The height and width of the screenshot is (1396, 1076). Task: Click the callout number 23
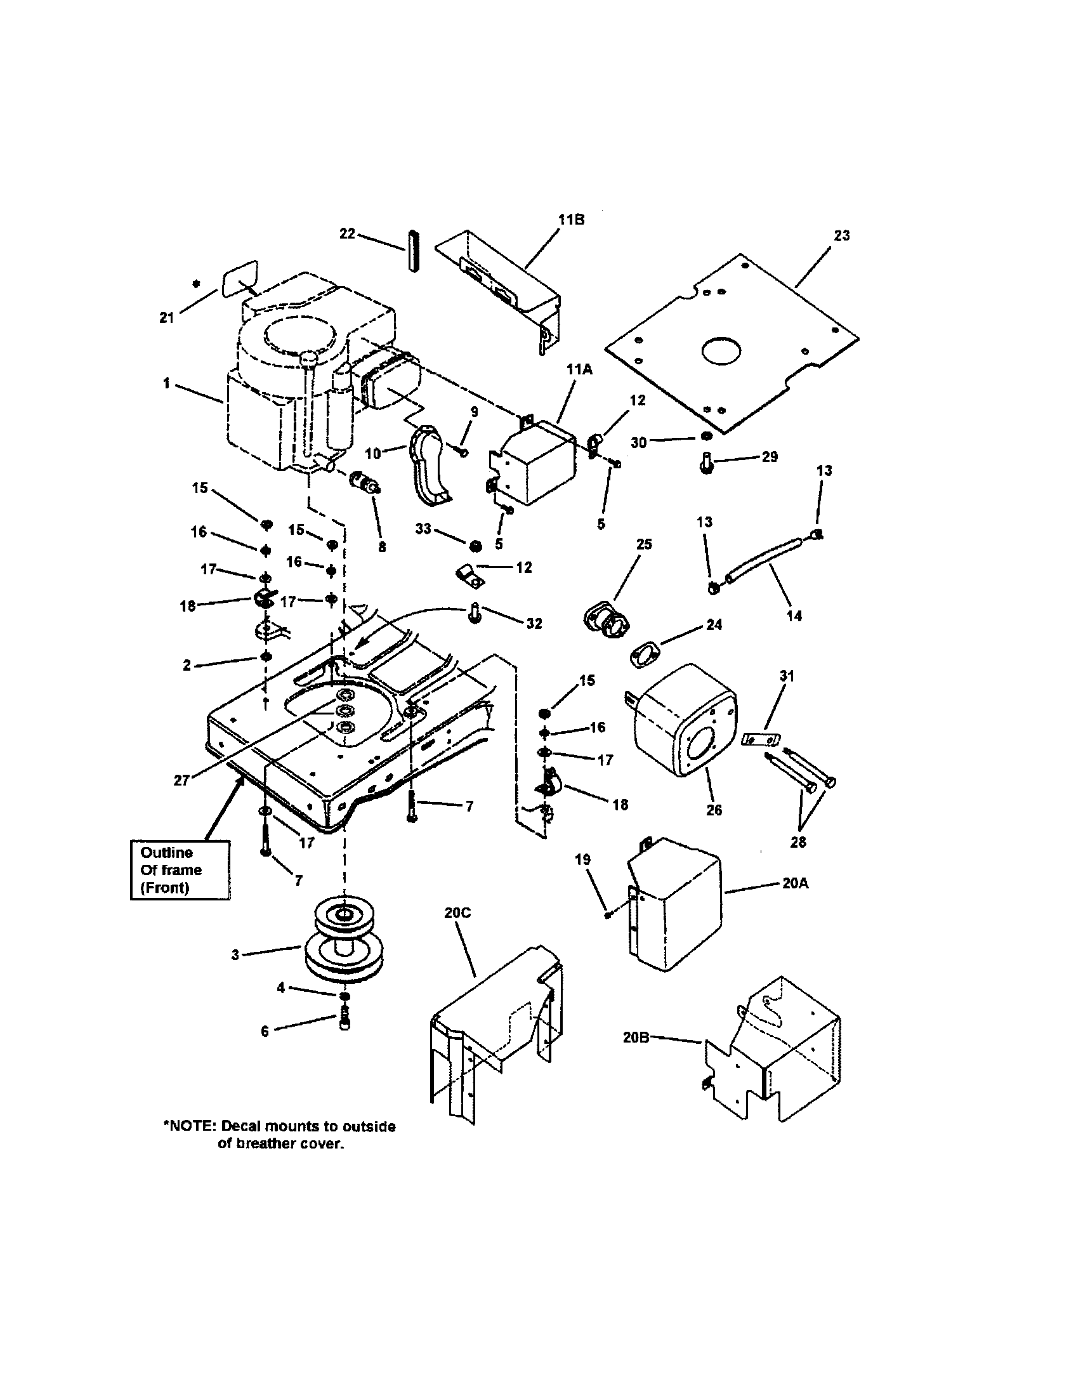point(841,235)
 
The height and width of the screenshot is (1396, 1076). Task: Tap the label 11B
point(570,220)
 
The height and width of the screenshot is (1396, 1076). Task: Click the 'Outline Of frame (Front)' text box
point(180,870)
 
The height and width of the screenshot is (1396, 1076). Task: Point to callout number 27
point(182,780)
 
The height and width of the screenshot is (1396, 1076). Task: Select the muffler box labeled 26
point(683,720)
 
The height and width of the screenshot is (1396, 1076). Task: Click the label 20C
point(457,912)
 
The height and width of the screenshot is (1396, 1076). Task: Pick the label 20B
point(636,1037)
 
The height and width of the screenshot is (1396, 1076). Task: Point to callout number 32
point(534,623)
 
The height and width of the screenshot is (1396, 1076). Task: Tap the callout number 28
point(798,842)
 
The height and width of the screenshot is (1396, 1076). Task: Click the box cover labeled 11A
point(535,463)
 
